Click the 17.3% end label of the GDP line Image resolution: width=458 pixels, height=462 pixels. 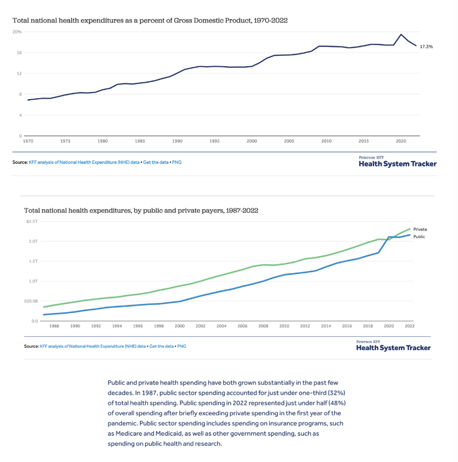click(x=426, y=47)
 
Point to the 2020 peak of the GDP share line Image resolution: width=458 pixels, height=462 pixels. click(x=401, y=35)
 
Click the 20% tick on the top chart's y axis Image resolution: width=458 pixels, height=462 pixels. click(x=17, y=32)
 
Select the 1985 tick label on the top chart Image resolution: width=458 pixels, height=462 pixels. click(x=140, y=141)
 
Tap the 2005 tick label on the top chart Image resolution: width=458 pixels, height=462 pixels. click(x=289, y=141)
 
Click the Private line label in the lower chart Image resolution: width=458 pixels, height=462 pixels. click(x=420, y=229)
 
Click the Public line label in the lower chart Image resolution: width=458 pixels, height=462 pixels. click(x=419, y=237)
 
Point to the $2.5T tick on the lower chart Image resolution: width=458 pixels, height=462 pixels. click(x=32, y=221)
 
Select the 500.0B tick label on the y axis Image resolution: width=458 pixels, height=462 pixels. click(x=31, y=301)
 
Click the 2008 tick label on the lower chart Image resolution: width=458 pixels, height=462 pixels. click(x=263, y=326)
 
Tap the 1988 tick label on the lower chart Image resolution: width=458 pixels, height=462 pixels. click(x=54, y=326)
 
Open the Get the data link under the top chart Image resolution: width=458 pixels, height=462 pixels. click(x=155, y=162)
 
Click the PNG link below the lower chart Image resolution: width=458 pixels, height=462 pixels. click(x=182, y=346)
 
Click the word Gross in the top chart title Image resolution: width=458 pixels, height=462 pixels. click(x=183, y=21)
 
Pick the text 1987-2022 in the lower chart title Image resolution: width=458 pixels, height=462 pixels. click(x=242, y=210)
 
